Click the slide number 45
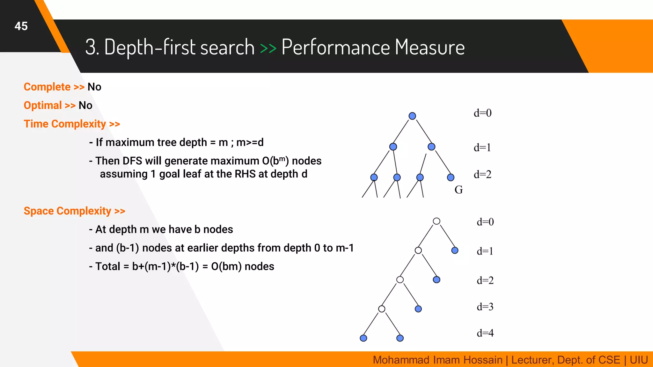point(21,26)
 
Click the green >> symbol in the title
point(268,48)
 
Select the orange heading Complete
point(47,87)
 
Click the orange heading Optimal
point(43,105)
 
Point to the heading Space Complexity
point(67,211)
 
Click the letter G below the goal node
point(459,190)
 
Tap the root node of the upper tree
point(412,116)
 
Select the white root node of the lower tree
point(437,221)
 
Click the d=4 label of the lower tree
point(485,333)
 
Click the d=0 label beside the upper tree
point(482,113)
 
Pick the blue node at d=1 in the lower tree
point(455,250)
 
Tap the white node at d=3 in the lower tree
point(382,309)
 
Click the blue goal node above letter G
point(451,177)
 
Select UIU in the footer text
point(639,360)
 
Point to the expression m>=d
point(250,142)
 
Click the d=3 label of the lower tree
point(485,307)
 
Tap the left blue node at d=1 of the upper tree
point(393,147)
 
